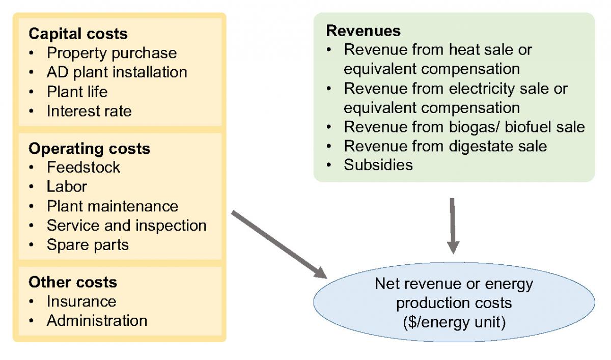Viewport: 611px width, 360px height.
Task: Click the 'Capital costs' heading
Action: tap(78, 34)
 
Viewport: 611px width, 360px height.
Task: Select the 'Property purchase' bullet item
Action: tap(112, 53)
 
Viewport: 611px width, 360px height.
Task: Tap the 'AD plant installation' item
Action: tap(117, 72)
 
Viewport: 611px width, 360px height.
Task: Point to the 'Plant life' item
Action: tap(77, 92)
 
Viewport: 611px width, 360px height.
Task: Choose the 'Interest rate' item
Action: tap(89, 111)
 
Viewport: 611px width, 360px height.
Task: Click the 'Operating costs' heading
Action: tap(89, 149)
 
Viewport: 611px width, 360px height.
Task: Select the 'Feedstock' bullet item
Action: tap(84, 168)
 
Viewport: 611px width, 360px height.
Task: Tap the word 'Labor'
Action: tap(67, 187)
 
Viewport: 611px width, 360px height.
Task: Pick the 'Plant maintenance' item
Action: tap(113, 206)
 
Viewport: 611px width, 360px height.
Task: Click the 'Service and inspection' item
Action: tap(126, 226)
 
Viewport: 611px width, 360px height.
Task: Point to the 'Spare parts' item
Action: tap(88, 245)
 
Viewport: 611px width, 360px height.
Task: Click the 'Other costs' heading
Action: tap(73, 282)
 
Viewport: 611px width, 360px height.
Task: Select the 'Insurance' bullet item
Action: tap(81, 301)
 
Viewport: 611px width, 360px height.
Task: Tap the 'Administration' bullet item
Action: tap(97, 321)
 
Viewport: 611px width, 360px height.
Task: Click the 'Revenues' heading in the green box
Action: tap(363, 31)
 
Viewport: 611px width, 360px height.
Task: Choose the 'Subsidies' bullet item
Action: tap(378, 165)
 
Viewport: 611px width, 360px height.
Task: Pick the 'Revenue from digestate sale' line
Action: tap(446, 146)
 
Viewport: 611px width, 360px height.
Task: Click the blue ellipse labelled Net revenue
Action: tap(453, 303)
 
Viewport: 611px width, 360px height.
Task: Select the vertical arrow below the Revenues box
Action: tap(453, 225)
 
